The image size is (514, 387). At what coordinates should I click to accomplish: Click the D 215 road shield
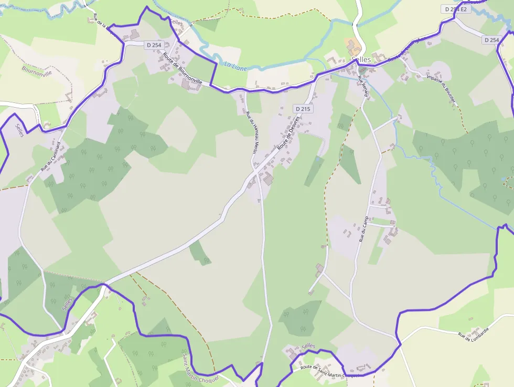303,109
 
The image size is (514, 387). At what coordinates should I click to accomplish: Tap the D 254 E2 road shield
454,9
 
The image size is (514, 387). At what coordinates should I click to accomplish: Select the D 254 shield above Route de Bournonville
154,45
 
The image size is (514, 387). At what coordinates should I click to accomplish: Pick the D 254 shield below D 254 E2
491,40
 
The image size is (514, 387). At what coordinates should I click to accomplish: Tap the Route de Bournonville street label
182,68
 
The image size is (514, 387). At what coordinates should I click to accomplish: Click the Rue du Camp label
363,229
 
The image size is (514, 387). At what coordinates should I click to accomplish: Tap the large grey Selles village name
361,60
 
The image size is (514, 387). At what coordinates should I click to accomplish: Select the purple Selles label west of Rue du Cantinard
20,129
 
